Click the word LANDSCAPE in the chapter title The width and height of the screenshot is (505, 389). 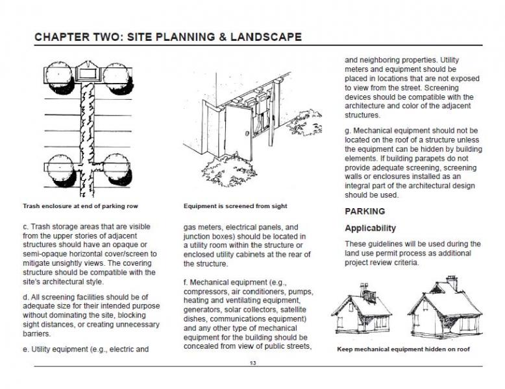point(264,36)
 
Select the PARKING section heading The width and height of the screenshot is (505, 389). point(364,211)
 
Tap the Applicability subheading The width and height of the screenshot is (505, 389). point(370,228)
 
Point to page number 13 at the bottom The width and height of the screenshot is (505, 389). point(252,362)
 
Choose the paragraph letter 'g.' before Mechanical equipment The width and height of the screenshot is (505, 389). point(348,130)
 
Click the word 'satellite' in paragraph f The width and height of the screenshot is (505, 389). point(287,309)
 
